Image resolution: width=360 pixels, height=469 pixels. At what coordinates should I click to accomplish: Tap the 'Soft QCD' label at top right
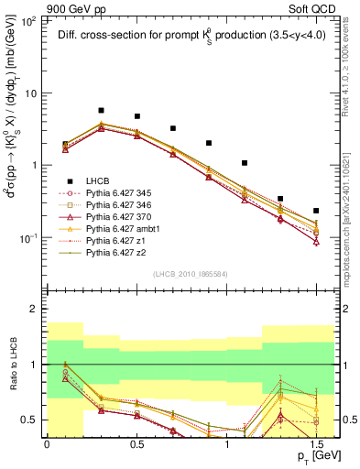click(309, 7)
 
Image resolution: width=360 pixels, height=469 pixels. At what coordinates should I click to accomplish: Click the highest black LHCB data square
click(101, 111)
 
